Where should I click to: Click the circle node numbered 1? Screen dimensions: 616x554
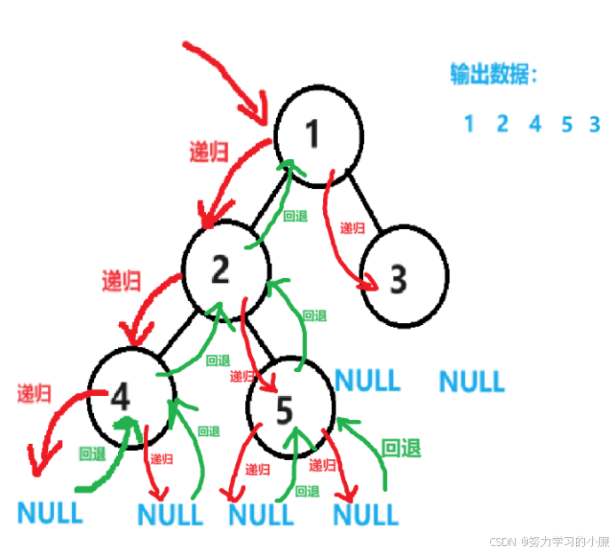(x=317, y=136)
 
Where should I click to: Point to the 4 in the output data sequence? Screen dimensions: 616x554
(x=534, y=123)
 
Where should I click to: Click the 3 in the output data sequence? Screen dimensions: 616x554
(x=595, y=123)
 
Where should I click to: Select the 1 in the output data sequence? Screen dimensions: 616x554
(x=469, y=123)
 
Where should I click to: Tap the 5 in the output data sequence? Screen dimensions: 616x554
(x=566, y=123)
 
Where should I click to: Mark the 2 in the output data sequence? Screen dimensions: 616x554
(x=502, y=123)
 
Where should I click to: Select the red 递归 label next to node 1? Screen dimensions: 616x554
(x=209, y=152)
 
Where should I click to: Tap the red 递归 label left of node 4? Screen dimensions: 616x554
(x=34, y=392)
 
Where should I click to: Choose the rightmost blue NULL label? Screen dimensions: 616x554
(x=471, y=382)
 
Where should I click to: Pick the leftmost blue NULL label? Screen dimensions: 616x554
(x=50, y=512)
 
